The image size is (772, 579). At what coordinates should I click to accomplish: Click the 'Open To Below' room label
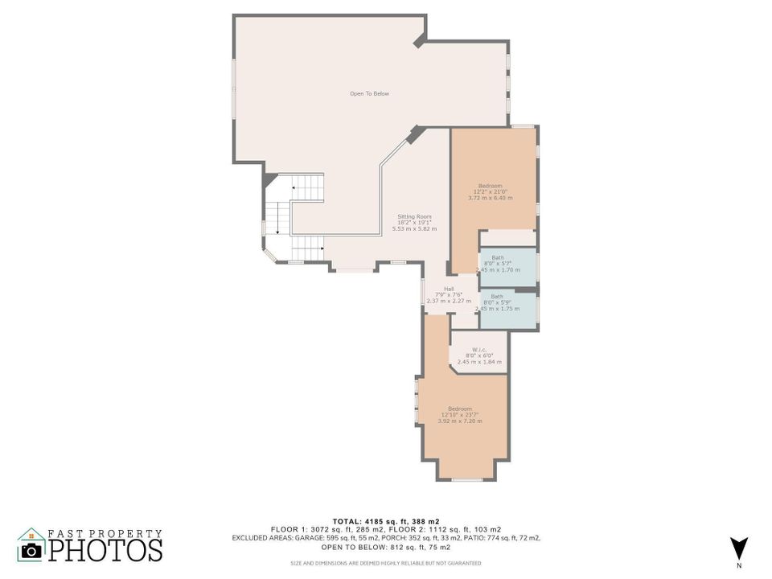pos(369,94)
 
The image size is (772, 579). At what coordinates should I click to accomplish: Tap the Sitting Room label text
pos(414,216)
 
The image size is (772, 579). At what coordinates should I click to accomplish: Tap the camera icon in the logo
pos(31,550)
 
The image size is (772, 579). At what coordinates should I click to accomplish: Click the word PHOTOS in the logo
pos(105,551)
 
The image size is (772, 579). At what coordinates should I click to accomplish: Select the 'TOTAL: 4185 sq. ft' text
pos(385,521)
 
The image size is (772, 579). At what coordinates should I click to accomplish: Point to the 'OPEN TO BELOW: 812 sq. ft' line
pos(385,546)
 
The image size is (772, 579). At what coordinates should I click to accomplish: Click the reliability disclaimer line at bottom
pos(385,563)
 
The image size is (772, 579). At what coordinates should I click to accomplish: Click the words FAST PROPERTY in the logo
pos(105,533)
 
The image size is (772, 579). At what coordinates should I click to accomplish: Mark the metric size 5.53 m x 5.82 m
pos(414,229)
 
